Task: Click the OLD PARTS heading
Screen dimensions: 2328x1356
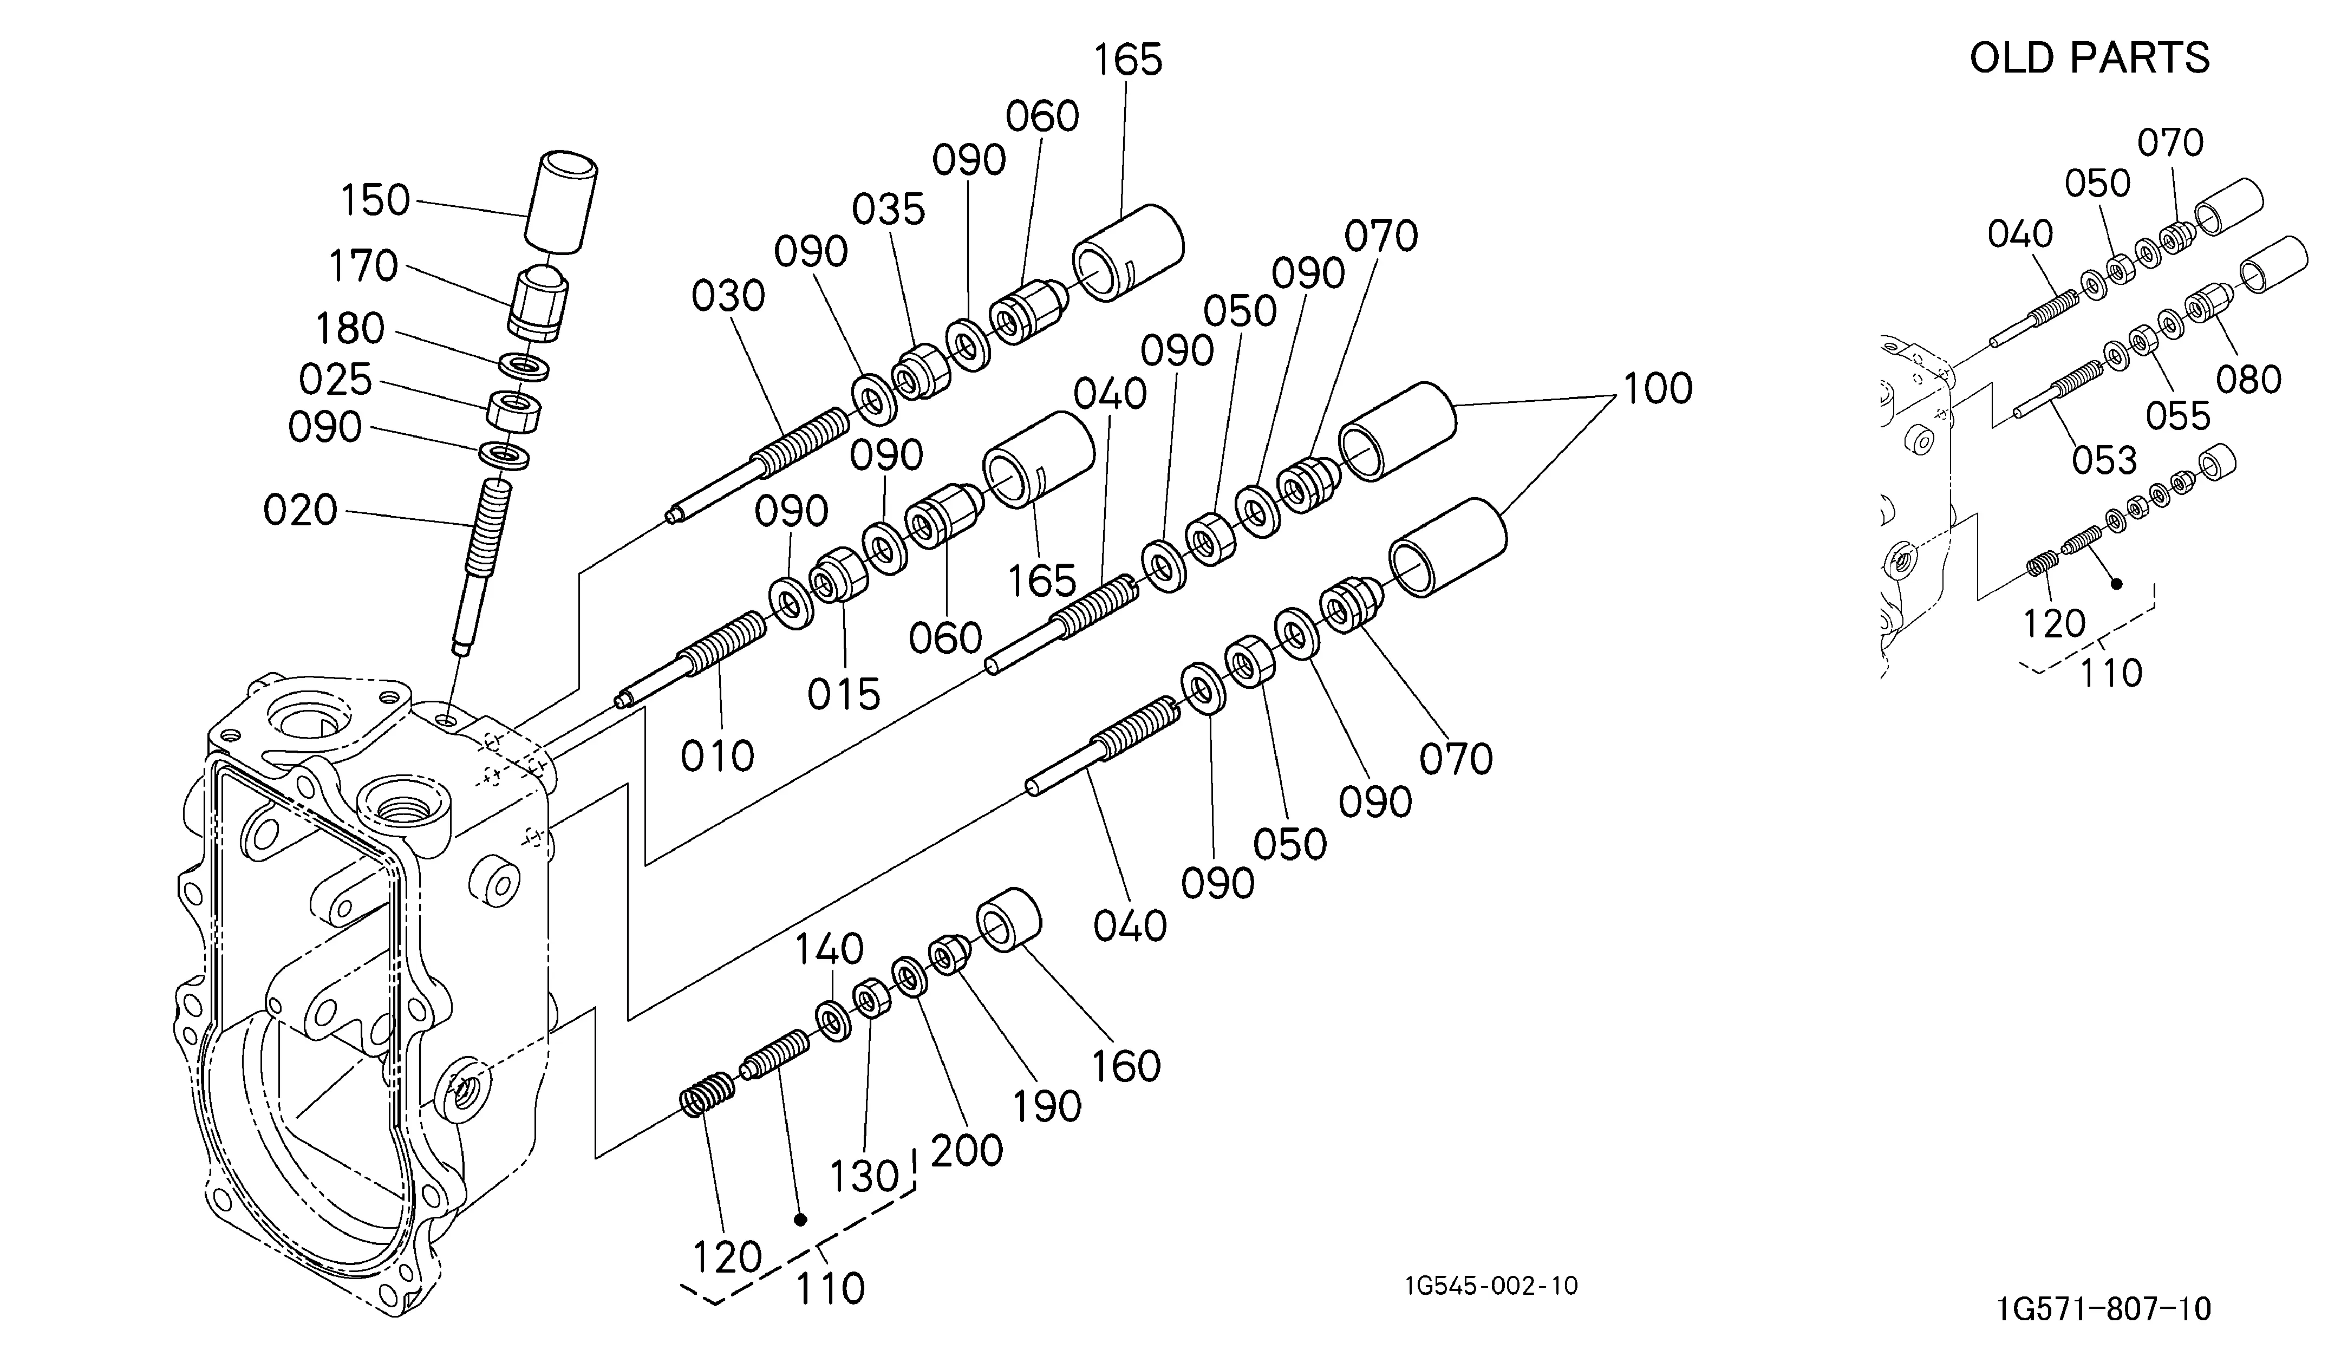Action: coord(2090,57)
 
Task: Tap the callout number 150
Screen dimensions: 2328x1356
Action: coord(375,200)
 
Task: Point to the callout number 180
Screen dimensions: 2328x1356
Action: coord(350,329)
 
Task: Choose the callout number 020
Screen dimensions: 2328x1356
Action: coord(300,511)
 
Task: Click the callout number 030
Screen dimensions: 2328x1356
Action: coord(729,297)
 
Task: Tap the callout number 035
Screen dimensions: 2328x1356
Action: coord(889,211)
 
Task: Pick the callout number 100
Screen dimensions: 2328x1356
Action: coord(1658,389)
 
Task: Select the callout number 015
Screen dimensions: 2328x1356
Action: coord(844,695)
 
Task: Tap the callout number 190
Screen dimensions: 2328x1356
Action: coord(1047,1106)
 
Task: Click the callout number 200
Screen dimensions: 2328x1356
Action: coord(966,1151)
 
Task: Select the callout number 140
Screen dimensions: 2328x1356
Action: coord(830,949)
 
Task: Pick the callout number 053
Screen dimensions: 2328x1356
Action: coord(2104,460)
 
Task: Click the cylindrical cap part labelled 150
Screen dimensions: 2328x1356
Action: coord(562,204)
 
